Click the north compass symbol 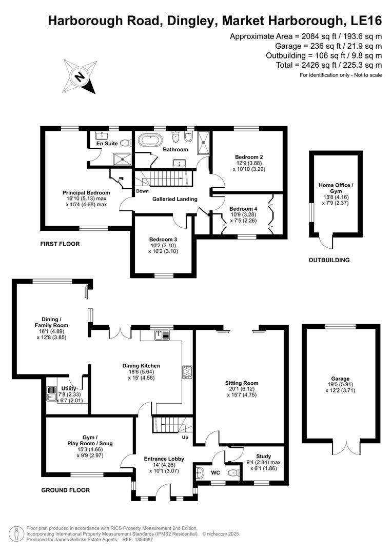tap(80, 76)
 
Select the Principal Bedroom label tap(86, 193)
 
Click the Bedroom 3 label tap(163, 239)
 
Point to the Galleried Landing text tap(175, 199)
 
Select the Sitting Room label tap(242, 383)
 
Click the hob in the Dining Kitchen tap(187, 372)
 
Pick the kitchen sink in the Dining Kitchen tap(162, 335)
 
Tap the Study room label tap(264, 456)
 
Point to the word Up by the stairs tap(185, 438)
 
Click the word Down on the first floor tap(143, 191)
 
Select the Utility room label tap(68, 389)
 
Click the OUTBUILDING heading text tap(329, 260)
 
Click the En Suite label tap(107, 144)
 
